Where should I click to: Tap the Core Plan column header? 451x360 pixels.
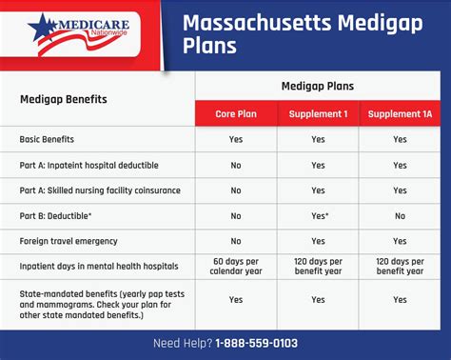236,114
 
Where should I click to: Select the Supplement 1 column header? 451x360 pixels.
318,114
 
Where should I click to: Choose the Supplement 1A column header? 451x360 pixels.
399,114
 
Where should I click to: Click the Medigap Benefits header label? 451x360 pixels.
65,99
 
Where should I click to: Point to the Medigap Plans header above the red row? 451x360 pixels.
318,86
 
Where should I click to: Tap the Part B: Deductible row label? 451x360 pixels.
59,216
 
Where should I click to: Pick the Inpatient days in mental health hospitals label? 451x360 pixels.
98,267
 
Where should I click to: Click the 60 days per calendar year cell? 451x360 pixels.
236,268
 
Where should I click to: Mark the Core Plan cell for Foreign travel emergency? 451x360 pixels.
236,241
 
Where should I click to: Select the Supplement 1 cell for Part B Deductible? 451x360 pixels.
319,216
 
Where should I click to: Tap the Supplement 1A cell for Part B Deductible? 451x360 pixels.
399,216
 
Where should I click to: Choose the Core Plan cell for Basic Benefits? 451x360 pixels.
236,139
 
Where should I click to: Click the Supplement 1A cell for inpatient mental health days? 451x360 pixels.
399,268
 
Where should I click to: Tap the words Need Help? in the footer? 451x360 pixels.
183,343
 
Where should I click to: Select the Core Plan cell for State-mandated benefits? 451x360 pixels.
236,300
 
